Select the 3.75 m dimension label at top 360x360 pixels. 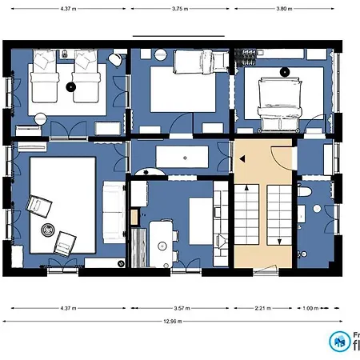[180, 9]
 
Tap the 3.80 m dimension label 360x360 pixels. [283, 9]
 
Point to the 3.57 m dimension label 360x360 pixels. [180, 307]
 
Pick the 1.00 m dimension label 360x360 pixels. [310, 307]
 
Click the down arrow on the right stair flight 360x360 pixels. [278, 240]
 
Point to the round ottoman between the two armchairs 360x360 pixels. [47, 230]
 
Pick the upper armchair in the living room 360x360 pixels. [38, 206]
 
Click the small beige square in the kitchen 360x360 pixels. [134, 217]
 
